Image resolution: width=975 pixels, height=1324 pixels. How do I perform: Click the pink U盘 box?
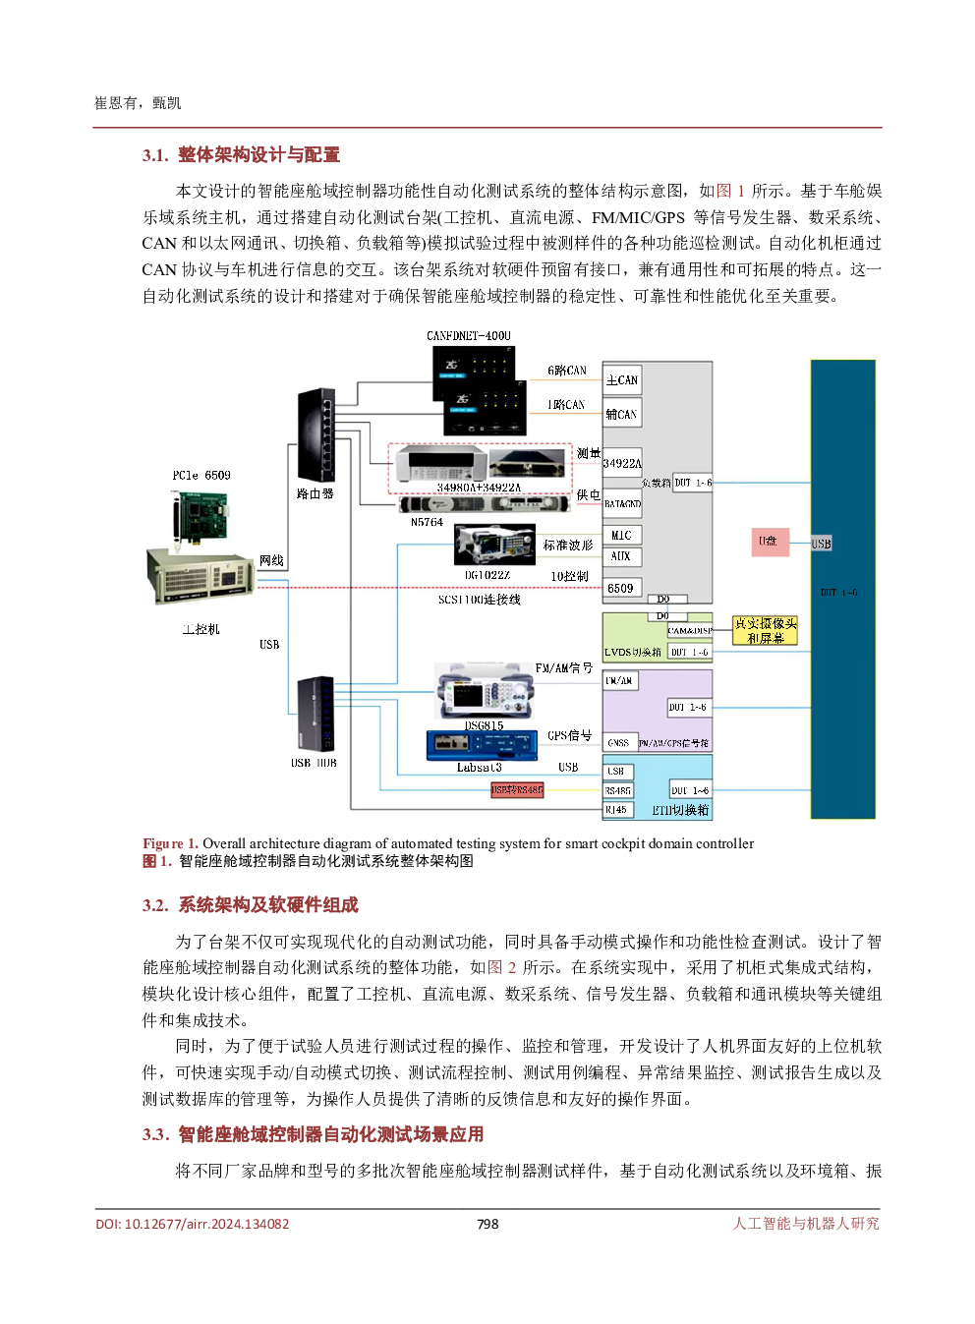771,542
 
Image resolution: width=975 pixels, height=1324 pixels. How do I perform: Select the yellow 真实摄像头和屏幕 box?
766,630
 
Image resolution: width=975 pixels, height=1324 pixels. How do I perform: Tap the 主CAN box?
621,380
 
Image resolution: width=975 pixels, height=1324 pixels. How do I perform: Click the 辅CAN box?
621,415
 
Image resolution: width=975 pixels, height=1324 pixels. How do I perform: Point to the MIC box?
621,536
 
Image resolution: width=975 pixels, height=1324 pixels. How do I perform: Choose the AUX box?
621,556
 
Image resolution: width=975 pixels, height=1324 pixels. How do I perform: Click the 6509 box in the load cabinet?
621,588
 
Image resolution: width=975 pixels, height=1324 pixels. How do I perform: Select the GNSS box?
618,743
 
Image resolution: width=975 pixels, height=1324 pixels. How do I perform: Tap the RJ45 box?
616,810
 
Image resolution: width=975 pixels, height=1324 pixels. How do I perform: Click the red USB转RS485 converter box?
517,789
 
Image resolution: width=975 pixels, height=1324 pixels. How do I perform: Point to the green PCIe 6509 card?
199,514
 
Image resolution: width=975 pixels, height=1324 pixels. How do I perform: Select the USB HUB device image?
315,714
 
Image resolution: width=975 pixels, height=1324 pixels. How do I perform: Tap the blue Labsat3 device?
482,746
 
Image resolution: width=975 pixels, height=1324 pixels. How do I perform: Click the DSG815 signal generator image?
484,690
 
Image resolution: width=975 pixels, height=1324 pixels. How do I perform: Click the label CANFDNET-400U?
469,336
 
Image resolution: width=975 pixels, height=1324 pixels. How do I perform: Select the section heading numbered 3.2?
251,905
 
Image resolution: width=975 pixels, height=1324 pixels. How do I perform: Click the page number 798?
487,1224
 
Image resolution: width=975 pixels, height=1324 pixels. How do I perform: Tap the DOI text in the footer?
193,1224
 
